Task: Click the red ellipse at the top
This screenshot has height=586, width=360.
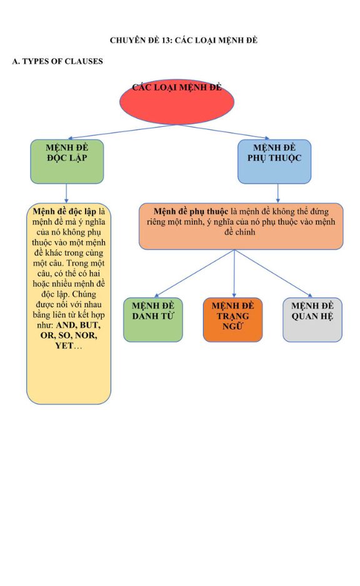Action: coord(177,102)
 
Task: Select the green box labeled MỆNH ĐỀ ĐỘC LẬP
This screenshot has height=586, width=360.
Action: coord(67,161)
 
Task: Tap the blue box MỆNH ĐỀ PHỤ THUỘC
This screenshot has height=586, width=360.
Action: coord(274,161)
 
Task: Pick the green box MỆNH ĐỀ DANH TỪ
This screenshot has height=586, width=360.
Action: coord(153,319)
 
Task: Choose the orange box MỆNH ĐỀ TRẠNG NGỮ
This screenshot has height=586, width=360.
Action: coord(233,319)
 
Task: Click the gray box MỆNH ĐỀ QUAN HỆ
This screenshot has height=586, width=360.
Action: coord(312,319)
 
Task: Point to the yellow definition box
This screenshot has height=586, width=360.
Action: coord(69,304)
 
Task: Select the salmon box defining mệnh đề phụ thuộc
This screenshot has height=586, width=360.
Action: coord(241,227)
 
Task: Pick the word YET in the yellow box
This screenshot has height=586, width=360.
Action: coord(64,345)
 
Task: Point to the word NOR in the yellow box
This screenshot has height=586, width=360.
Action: coord(86,335)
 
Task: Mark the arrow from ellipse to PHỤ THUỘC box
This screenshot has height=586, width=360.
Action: coord(223,132)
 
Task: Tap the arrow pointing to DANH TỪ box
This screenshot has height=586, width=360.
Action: coord(194,274)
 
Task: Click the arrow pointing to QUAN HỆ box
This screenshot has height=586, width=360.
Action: coord(273,274)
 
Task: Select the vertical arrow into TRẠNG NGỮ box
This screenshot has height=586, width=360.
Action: coord(234,274)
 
